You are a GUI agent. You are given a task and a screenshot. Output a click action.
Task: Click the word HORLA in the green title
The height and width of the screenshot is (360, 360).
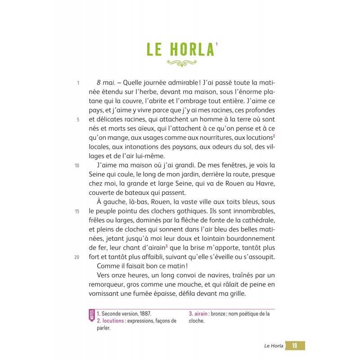(x=192, y=50)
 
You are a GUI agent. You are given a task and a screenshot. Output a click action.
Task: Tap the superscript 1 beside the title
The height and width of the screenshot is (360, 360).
(x=216, y=44)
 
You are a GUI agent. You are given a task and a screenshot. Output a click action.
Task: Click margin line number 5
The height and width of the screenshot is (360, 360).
(x=78, y=120)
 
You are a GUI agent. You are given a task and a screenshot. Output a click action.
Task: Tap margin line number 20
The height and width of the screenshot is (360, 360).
(x=77, y=257)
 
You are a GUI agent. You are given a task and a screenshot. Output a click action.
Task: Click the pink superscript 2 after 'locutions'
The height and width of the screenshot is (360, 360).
(x=274, y=136)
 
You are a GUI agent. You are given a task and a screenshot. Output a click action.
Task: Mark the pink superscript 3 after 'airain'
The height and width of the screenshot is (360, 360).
(x=166, y=246)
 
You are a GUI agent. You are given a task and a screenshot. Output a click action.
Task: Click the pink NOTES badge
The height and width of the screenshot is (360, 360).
(x=92, y=315)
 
